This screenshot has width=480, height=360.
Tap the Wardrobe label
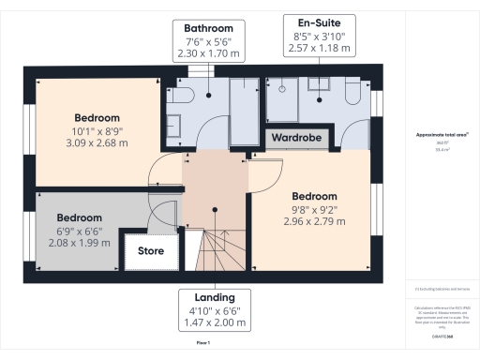[x=296, y=137]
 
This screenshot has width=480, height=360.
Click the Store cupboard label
[x=151, y=251]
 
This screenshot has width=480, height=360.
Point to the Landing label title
[x=215, y=295]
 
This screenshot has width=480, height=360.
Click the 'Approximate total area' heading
[x=442, y=135]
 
